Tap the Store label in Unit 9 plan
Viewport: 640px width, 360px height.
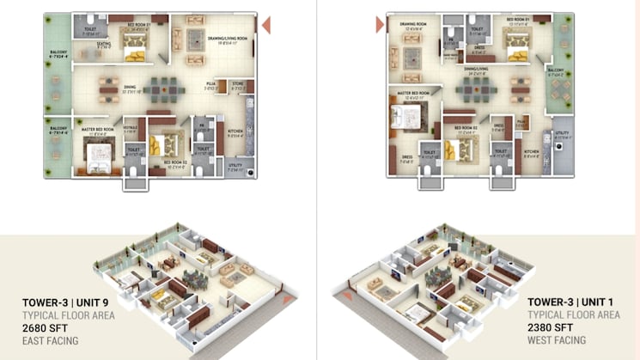[x=238, y=84]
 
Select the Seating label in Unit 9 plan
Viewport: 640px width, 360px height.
[x=103, y=45]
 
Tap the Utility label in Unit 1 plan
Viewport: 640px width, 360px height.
[x=563, y=132]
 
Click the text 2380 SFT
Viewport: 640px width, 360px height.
[x=552, y=327]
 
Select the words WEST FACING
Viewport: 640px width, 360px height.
[x=557, y=340]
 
